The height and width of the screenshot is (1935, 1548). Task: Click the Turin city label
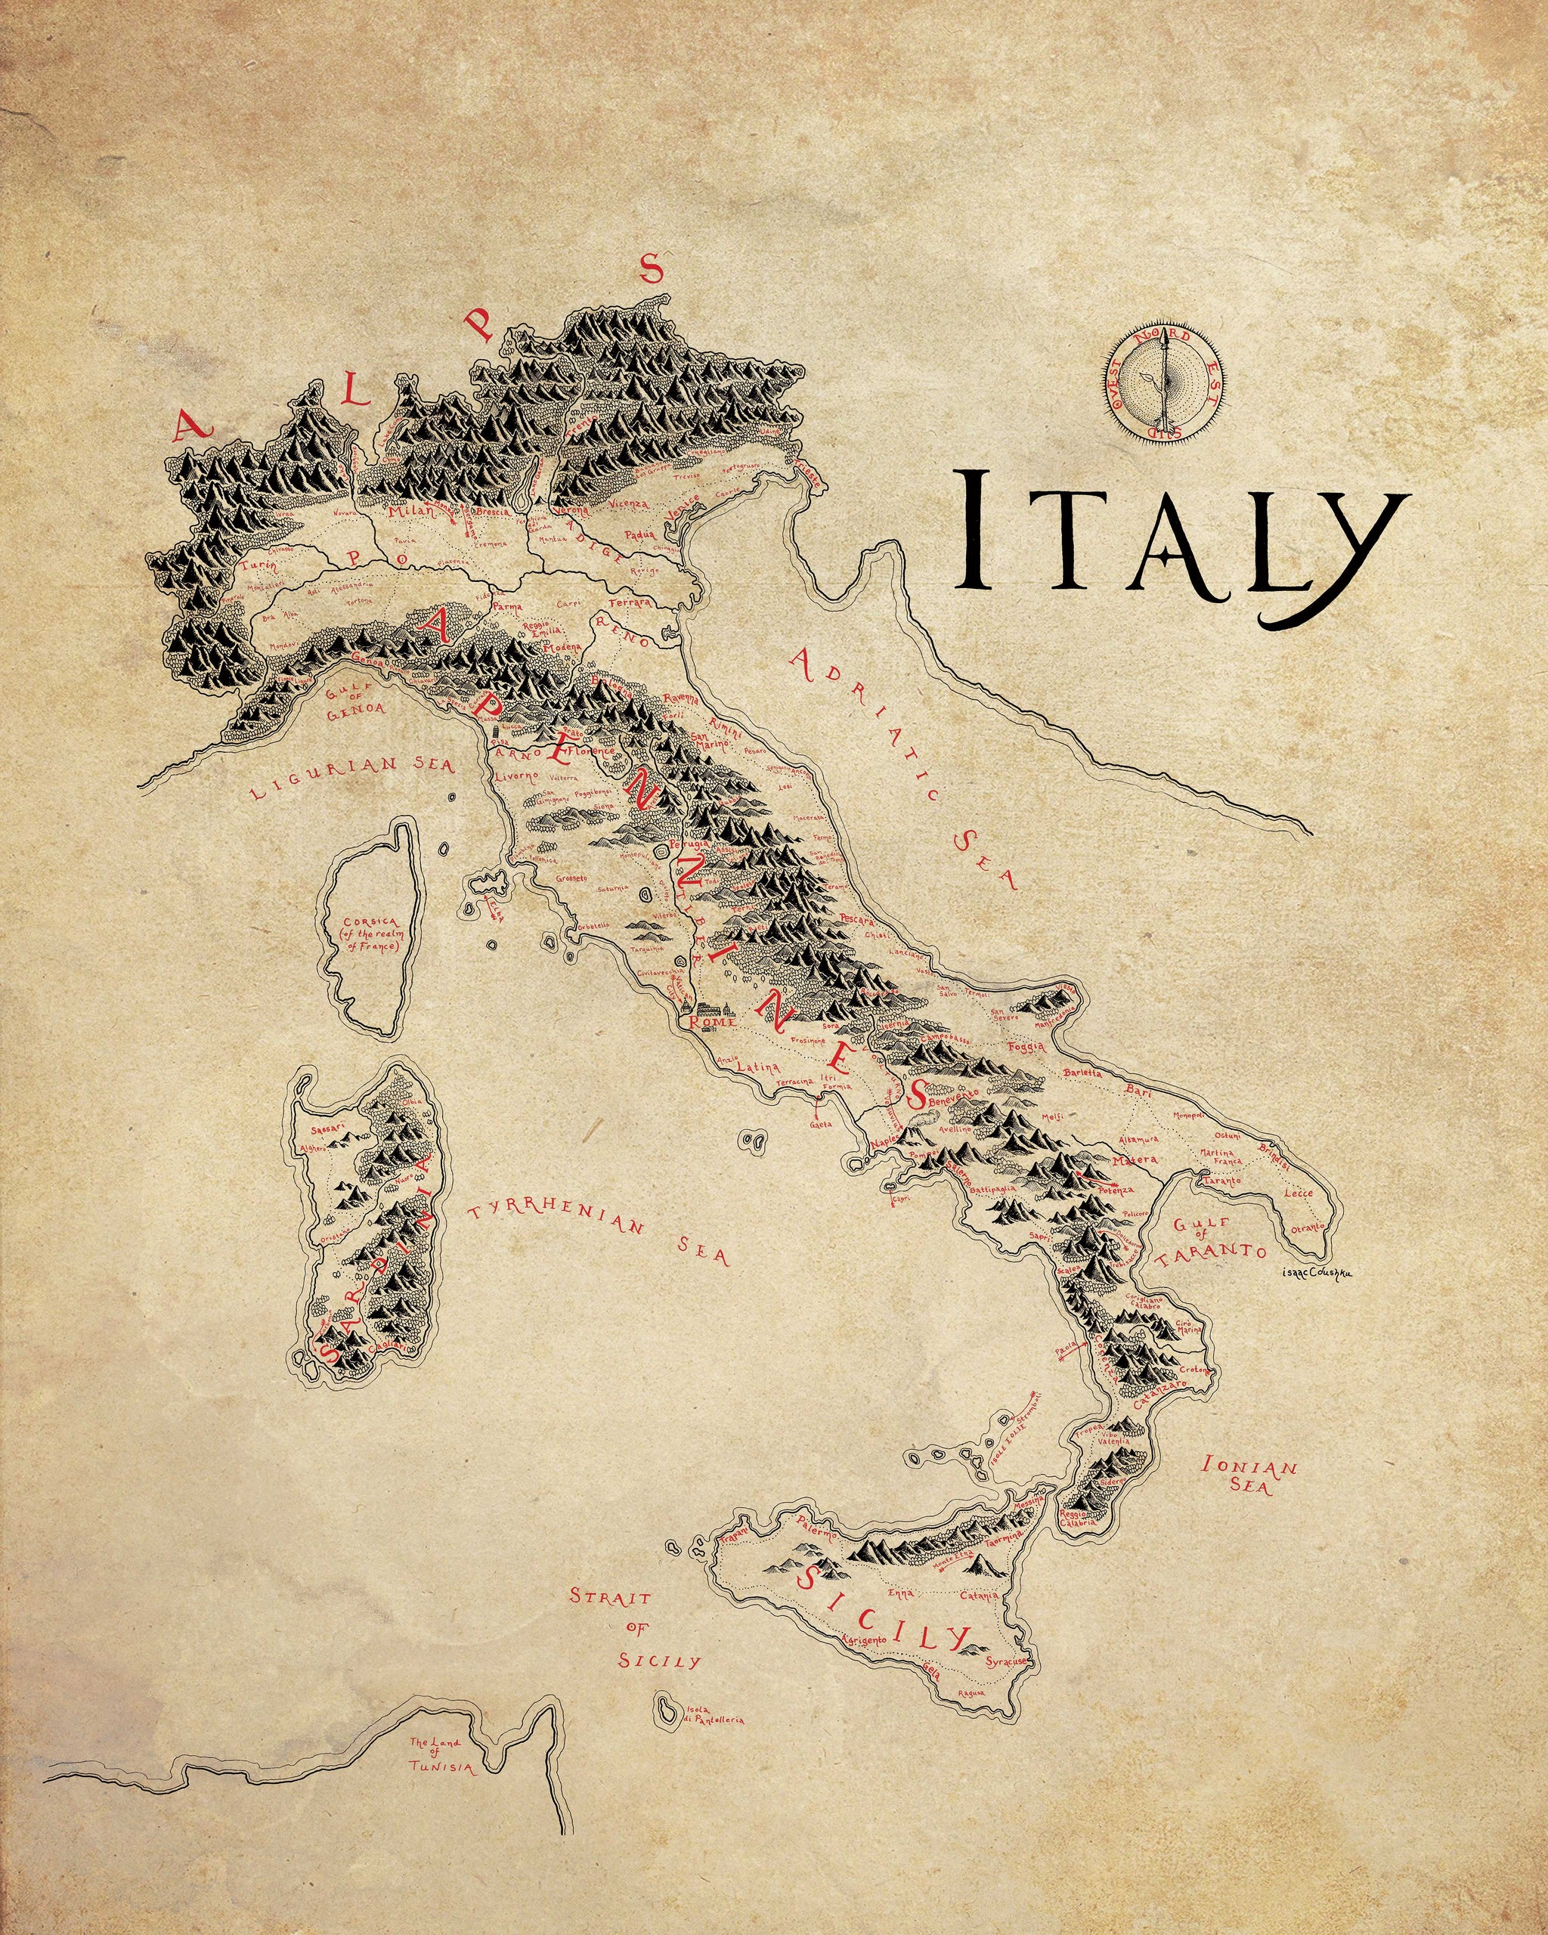click(x=257, y=566)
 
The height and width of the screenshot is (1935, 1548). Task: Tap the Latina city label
click(x=757, y=1068)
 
